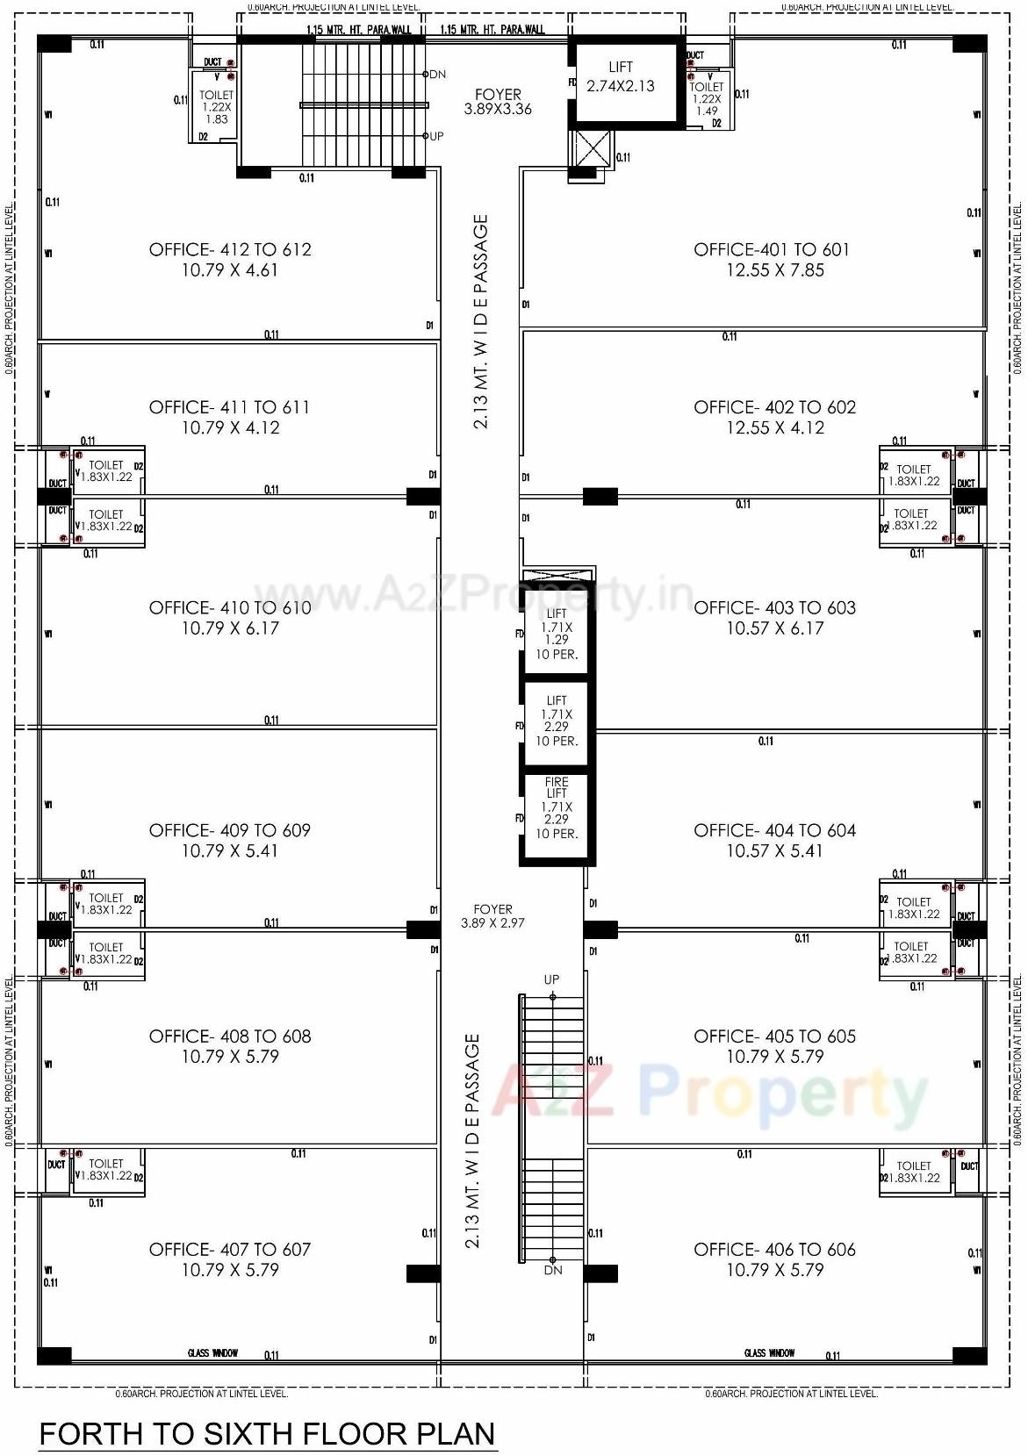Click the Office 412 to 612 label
pyautogui.click(x=230, y=250)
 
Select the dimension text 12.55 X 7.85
pyautogui.click(x=774, y=271)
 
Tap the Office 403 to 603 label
pyautogui.click(x=774, y=608)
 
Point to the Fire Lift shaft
pyautogui.click(x=557, y=807)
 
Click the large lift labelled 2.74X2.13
pyautogui.click(x=621, y=78)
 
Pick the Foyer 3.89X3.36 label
pyautogui.click(x=498, y=102)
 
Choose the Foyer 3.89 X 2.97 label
pyautogui.click(x=492, y=916)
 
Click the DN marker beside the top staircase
pyautogui.click(x=437, y=75)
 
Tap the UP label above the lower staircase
pyautogui.click(x=551, y=979)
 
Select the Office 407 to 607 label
pyautogui.click(x=230, y=1250)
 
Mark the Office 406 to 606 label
pyautogui.click(x=774, y=1250)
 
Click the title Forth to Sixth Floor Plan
pyautogui.click(x=268, y=1434)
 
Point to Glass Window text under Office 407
pyautogui.click(x=212, y=1353)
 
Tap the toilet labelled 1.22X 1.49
pyautogui.click(x=707, y=98)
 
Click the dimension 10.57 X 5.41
pyautogui.click(x=774, y=851)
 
